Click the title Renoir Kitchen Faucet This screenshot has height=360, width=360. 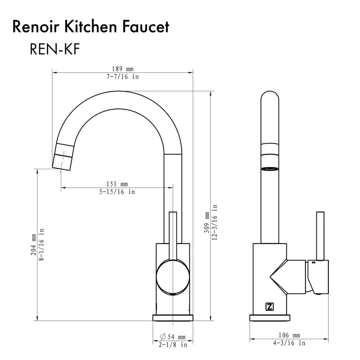(x=91, y=27)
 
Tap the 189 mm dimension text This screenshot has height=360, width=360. (x=122, y=69)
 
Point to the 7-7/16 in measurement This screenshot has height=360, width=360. (x=122, y=76)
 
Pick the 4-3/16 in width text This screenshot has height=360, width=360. (x=290, y=343)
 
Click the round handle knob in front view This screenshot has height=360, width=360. (x=172, y=279)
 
